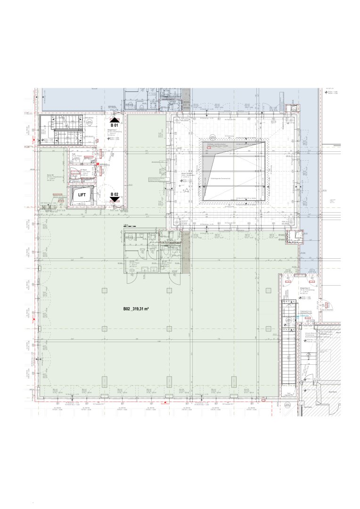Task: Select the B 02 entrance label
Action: [115, 194]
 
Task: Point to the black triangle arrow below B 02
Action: [115, 200]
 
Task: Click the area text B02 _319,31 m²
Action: [136, 309]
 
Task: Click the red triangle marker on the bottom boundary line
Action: [165, 403]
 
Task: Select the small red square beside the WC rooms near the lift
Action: [98, 164]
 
